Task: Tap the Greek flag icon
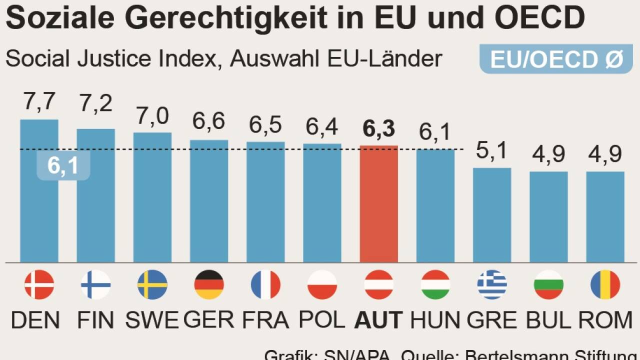coord(492,284)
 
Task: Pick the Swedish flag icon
coord(152,284)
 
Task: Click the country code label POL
coord(322,320)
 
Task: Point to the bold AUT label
coord(378,320)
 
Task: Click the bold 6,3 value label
coord(378,129)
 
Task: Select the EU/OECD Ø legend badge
coord(556,59)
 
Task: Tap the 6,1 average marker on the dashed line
coord(63,165)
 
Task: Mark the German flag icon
coord(209,284)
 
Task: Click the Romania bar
coord(605,217)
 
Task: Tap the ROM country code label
coord(605,320)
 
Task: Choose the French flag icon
coord(265,284)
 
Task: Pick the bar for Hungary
coord(435,206)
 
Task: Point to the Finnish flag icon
coord(95,284)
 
